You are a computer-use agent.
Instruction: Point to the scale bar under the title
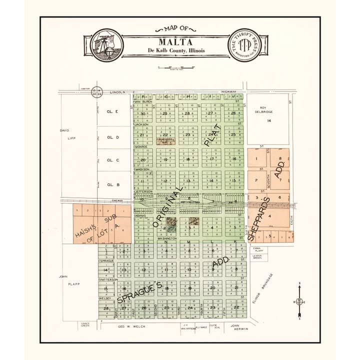[175, 68]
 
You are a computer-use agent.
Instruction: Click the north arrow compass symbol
[299, 301]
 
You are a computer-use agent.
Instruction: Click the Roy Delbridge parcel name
[268, 110]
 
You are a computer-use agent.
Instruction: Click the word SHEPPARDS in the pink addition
[259, 218]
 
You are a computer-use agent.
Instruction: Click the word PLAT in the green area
[211, 131]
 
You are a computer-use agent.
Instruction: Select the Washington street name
[167, 238]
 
